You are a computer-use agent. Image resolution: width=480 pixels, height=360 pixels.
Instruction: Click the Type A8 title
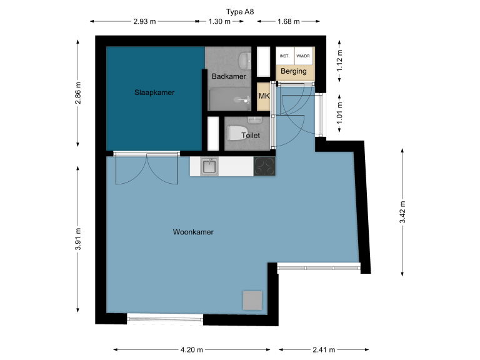click(240, 12)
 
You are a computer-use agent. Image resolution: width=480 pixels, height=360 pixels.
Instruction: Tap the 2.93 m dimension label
click(144, 21)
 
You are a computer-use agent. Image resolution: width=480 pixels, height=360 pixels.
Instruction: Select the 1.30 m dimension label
click(219, 21)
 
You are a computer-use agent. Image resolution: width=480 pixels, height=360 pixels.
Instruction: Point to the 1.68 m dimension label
click(288, 21)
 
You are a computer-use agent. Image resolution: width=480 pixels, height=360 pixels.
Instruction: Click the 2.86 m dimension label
click(78, 92)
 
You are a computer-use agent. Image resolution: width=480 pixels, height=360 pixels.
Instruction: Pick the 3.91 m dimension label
click(78, 239)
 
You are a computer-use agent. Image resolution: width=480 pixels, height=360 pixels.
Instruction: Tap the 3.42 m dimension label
click(402, 212)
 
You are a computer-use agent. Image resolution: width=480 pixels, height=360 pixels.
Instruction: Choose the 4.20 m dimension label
click(192, 349)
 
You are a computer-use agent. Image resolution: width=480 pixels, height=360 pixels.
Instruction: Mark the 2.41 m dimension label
click(324, 349)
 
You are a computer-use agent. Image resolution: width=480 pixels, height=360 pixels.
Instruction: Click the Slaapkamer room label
click(154, 92)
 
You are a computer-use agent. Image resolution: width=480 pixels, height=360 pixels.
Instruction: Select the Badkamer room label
click(229, 76)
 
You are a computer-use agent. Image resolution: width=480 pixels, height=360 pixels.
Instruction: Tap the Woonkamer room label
click(193, 232)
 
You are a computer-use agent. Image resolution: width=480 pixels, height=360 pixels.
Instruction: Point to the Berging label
click(294, 71)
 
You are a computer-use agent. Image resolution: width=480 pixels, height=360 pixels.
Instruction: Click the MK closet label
click(264, 96)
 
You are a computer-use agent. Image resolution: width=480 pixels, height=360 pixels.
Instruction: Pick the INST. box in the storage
click(285, 56)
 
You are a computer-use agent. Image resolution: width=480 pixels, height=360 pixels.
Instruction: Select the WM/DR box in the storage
click(303, 56)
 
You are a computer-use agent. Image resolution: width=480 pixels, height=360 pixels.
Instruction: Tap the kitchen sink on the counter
click(209, 167)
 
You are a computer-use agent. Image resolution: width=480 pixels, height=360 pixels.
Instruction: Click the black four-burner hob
click(264, 166)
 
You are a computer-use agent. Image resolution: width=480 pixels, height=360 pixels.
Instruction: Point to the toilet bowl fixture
click(237, 134)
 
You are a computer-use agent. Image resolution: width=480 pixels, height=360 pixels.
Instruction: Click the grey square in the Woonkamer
click(252, 300)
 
